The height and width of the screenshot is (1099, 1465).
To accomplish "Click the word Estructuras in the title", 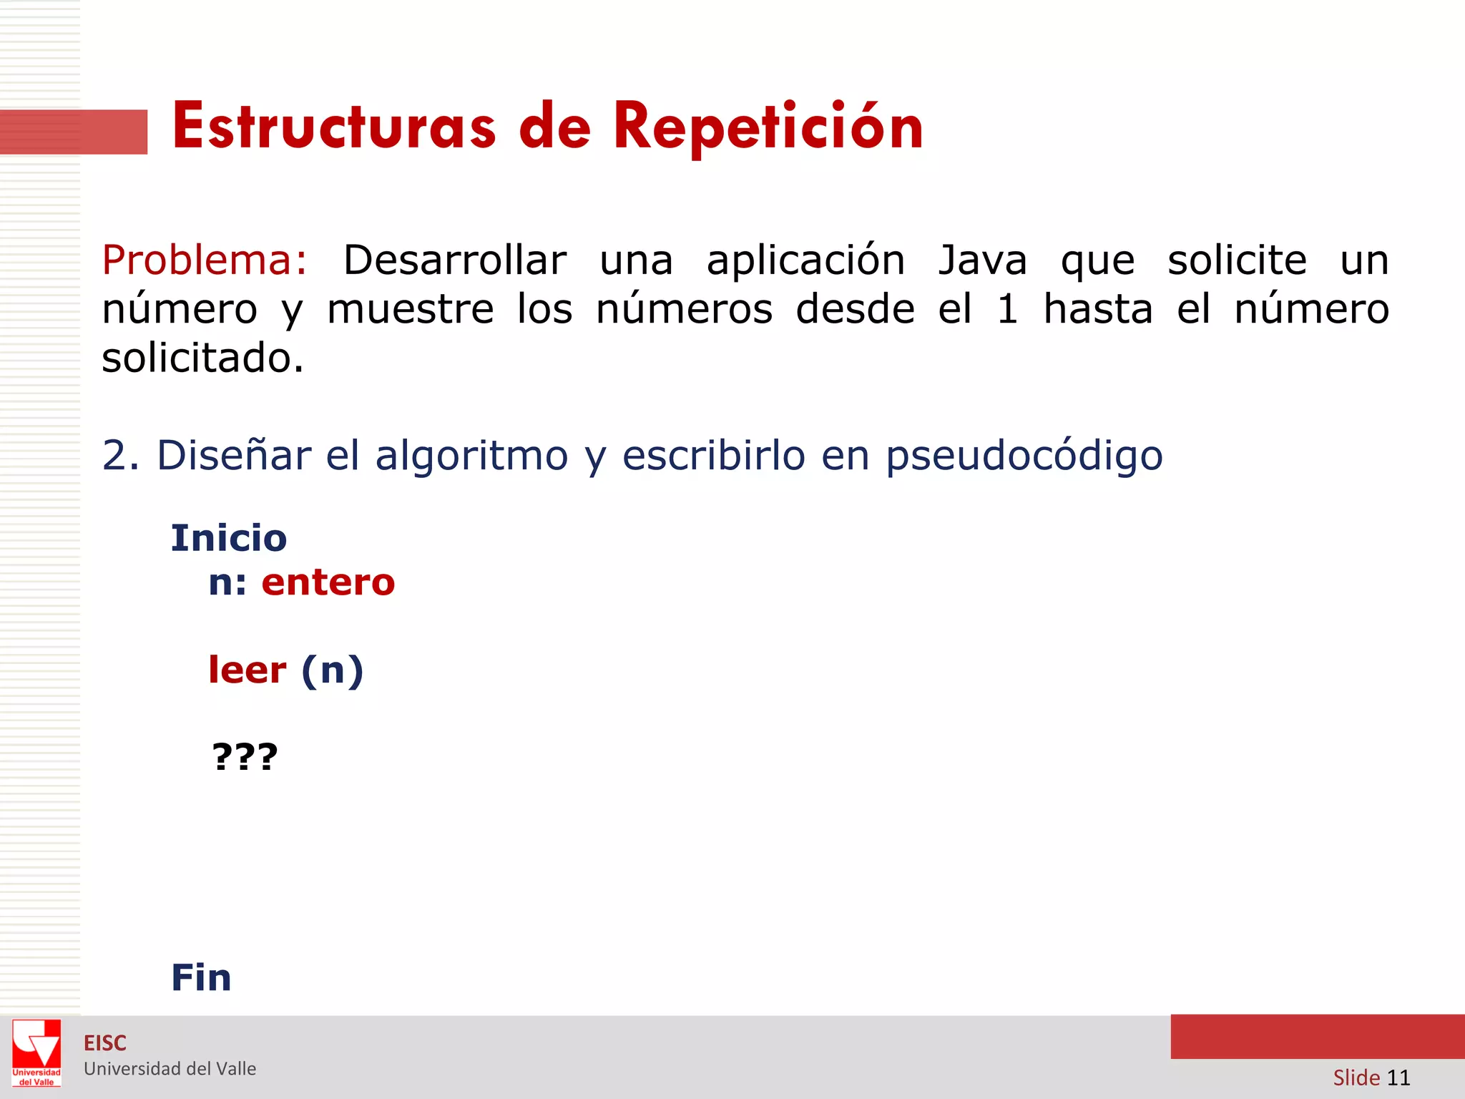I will tap(334, 127).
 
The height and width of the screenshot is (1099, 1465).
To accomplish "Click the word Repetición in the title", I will tap(768, 127).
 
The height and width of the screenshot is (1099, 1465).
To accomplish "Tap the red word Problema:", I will tap(205, 260).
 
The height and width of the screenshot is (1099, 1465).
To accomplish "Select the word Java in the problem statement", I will tap(983, 260).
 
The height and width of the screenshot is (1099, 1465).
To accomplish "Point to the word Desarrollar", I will tap(455, 260).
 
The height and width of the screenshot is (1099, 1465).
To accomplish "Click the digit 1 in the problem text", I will tap(1007, 309).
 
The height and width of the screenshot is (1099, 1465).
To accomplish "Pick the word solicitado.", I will tap(203, 358).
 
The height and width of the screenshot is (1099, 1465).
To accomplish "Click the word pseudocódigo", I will tap(1024, 456).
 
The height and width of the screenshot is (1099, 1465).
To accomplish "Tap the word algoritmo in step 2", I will tap(471, 456).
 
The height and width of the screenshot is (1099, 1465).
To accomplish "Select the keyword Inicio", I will tap(229, 538).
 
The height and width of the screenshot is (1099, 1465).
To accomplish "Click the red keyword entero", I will tap(328, 582).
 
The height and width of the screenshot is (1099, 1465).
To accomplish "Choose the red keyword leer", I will tap(248, 670).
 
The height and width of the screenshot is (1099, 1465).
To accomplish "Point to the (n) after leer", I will tap(333, 671).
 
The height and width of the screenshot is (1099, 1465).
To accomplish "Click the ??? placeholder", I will tap(245, 756).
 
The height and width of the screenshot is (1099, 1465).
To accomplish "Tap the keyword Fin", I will tap(201, 977).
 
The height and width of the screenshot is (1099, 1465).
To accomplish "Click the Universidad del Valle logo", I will tap(36, 1052).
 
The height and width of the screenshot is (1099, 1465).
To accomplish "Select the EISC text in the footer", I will tap(105, 1043).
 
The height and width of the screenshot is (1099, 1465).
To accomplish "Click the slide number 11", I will tap(1398, 1077).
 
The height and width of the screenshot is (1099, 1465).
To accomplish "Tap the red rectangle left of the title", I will tap(73, 132).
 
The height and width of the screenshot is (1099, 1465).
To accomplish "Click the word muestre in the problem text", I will tap(411, 309).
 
